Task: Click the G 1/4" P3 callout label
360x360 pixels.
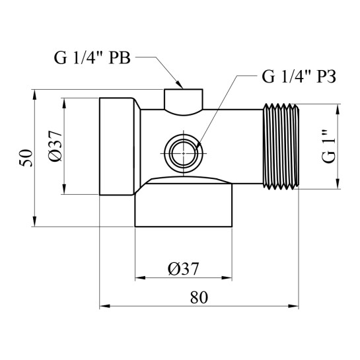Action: [299, 77]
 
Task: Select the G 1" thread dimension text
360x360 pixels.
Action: [328, 147]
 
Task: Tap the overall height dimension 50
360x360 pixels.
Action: [25, 159]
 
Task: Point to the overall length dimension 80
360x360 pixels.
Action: [199, 297]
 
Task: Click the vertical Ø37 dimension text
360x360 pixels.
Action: [55, 147]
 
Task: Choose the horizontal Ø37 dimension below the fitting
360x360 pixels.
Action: [184, 269]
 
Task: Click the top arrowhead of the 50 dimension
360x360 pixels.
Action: [34, 92]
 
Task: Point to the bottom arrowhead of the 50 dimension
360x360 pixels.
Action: [34, 225]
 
